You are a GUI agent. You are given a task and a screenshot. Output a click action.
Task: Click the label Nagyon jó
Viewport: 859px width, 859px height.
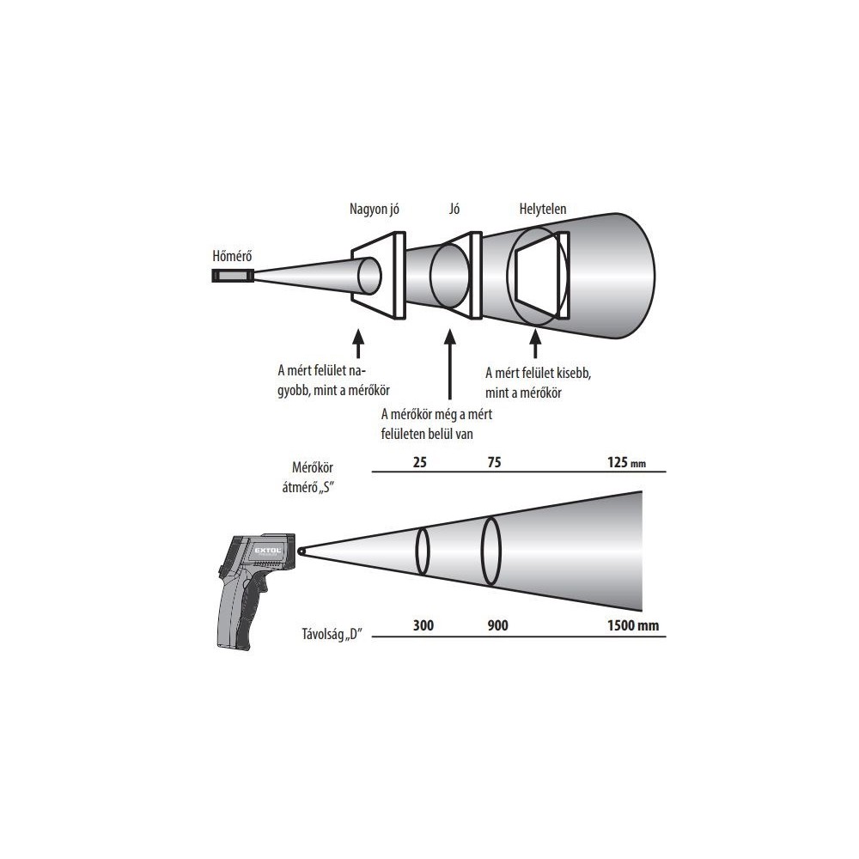point(375,210)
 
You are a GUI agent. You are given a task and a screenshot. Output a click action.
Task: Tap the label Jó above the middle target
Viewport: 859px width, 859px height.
point(454,209)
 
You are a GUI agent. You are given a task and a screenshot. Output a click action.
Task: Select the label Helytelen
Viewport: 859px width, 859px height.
point(542,209)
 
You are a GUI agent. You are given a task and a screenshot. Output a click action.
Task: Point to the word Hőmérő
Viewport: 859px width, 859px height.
point(232,256)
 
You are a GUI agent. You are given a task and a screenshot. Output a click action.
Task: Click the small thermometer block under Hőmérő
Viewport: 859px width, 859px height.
point(233,275)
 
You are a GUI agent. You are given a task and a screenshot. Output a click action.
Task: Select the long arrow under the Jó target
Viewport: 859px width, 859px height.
point(450,364)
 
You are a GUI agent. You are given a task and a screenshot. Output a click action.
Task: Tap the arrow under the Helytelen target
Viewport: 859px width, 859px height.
point(535,344)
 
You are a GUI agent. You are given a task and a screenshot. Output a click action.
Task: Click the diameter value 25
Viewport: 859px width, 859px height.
point(420,462)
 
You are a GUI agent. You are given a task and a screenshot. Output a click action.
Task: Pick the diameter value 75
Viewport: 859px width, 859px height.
point(494,462)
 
